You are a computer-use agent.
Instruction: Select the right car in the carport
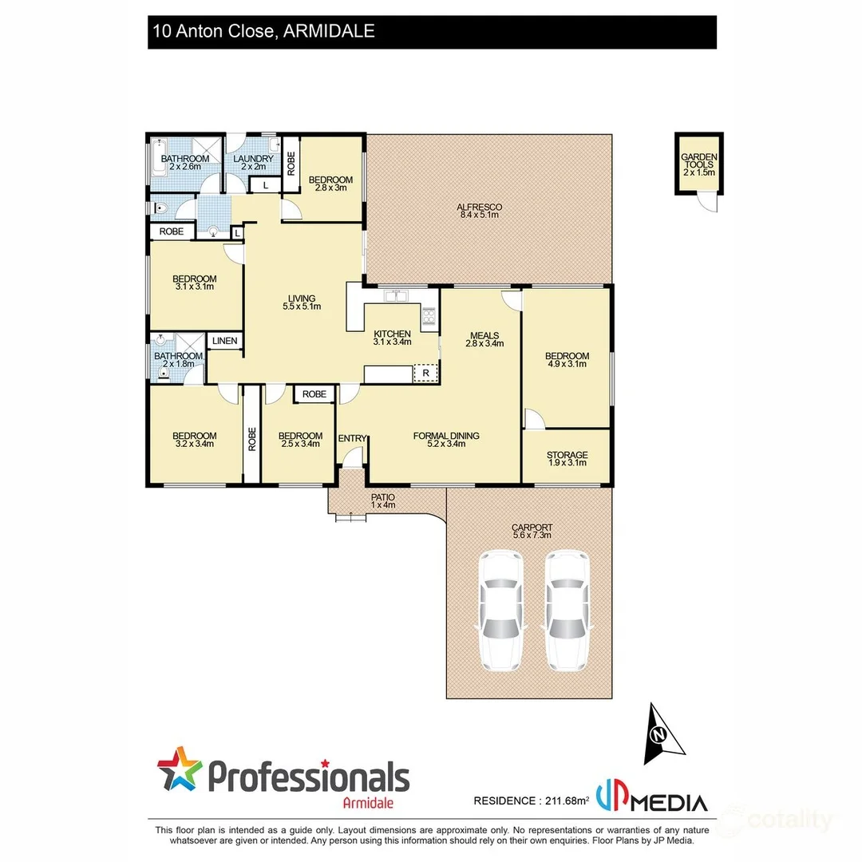[x=567, y=611]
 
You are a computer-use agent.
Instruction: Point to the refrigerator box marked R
[x=426, y=373]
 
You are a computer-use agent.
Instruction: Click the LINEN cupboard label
[x=225, y=342]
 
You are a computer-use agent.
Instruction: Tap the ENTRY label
[x=352, y=438]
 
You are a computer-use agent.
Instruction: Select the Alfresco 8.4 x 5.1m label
[x=479, y=211]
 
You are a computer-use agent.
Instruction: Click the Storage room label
[x=567, y=458]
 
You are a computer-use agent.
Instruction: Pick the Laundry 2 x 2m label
[x=254, y=163]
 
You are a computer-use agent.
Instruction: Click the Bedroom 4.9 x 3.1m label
[x=567, y=360]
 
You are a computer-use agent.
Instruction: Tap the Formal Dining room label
[x=446, y=440]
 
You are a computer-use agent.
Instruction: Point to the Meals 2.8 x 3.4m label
[x=484, y=339]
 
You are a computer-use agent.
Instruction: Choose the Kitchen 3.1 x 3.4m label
[x=392, y=338]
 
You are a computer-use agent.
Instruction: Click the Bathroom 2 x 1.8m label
[x=178, y=360]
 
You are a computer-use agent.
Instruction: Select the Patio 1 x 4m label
[x=383, y=501]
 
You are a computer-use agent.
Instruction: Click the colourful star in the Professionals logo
[x=180, y=768]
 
